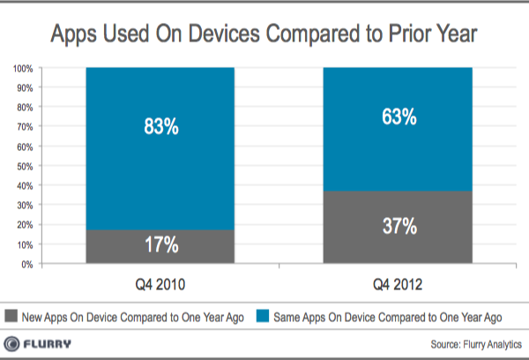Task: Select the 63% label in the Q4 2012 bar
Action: [x=399, y=116]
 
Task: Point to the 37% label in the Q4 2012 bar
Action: [x=399, y=226]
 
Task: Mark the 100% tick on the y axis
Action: [x=23, y=68]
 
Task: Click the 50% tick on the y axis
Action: [x=25, y=166]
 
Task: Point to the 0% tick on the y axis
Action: [x=27, y=264]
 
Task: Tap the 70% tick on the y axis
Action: [x=25, y=127]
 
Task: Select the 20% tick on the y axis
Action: [x=25, y=225]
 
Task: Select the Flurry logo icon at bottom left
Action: [x=14, y=343]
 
